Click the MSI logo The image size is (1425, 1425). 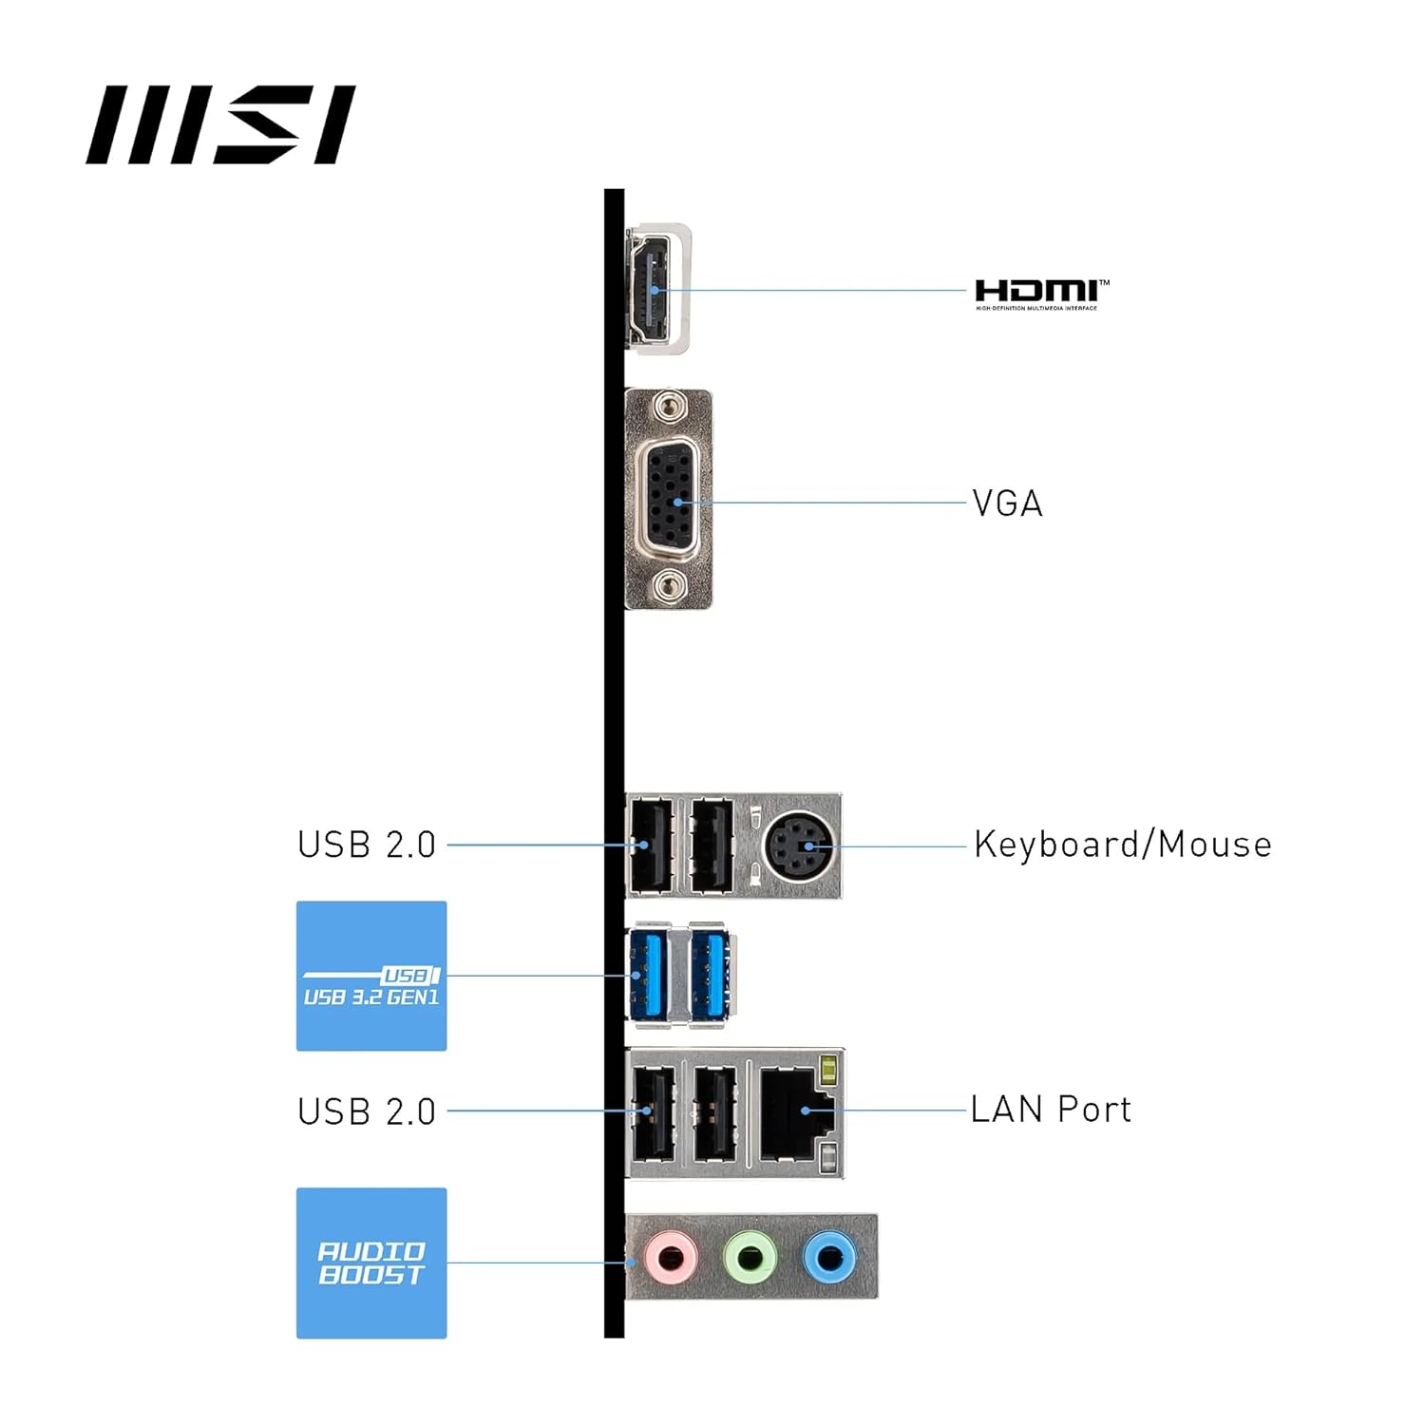[x=220, y=124]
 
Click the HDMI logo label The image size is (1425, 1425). [x=1041, y=294]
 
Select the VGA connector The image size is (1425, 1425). [x=670, y=499]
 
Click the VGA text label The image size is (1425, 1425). [x=1007, y=503]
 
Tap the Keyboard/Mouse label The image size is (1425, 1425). [x=1122, y=845]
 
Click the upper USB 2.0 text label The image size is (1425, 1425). [x=367, y=845]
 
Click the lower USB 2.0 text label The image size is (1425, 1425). [x=367, y=1111]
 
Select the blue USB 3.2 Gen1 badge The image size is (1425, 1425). [x=371, y=976]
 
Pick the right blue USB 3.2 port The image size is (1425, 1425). [x=711, y=975]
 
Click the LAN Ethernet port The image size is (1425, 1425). [x=795, y=1111]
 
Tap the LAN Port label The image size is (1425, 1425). [x=1051, y=1110]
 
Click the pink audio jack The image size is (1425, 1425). [x=671, y=1259]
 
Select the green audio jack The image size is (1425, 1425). [x=750, y=1259]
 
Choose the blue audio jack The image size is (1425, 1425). [x=829, y=1259]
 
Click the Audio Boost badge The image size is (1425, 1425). [x=371, y=1263]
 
